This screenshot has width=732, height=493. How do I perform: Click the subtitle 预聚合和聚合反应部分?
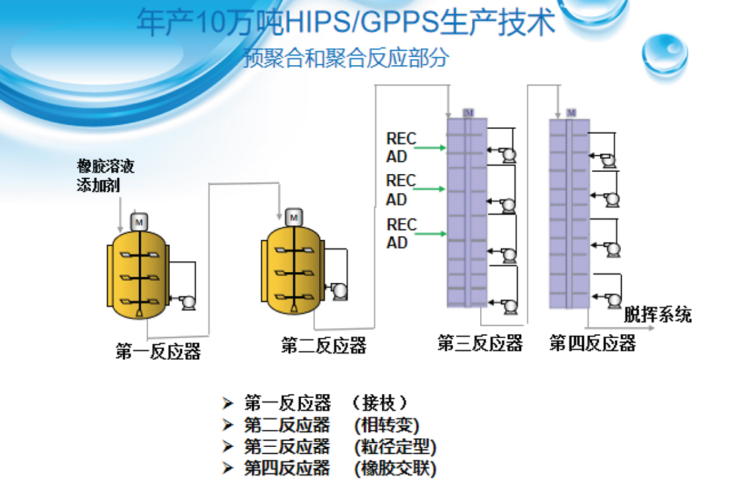(x=345, y=59)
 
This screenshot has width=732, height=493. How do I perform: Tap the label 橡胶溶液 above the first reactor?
(x=105, y=167)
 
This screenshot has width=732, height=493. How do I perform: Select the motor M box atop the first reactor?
(x=139, y=221)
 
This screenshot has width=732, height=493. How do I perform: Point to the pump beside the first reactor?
(x=187, y=300)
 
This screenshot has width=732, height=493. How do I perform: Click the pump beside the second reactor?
(x=340, y=290)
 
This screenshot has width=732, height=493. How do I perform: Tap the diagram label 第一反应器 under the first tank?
(x=157, y=352)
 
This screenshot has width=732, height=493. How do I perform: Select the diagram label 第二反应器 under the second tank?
(x=324, y=345)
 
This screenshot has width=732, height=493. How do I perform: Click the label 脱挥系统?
(x=657, y=316)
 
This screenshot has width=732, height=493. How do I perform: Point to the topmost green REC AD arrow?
(x=433, y=148)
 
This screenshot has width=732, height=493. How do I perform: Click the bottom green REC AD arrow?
(x=433, y=234)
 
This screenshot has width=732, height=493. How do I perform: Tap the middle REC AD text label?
(x=400, y=189)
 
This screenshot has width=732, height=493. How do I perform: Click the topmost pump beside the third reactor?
(x=506, y=155)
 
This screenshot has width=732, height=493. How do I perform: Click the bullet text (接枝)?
(x=378, y=403)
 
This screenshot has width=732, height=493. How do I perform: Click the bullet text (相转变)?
(x=386, y=425)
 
